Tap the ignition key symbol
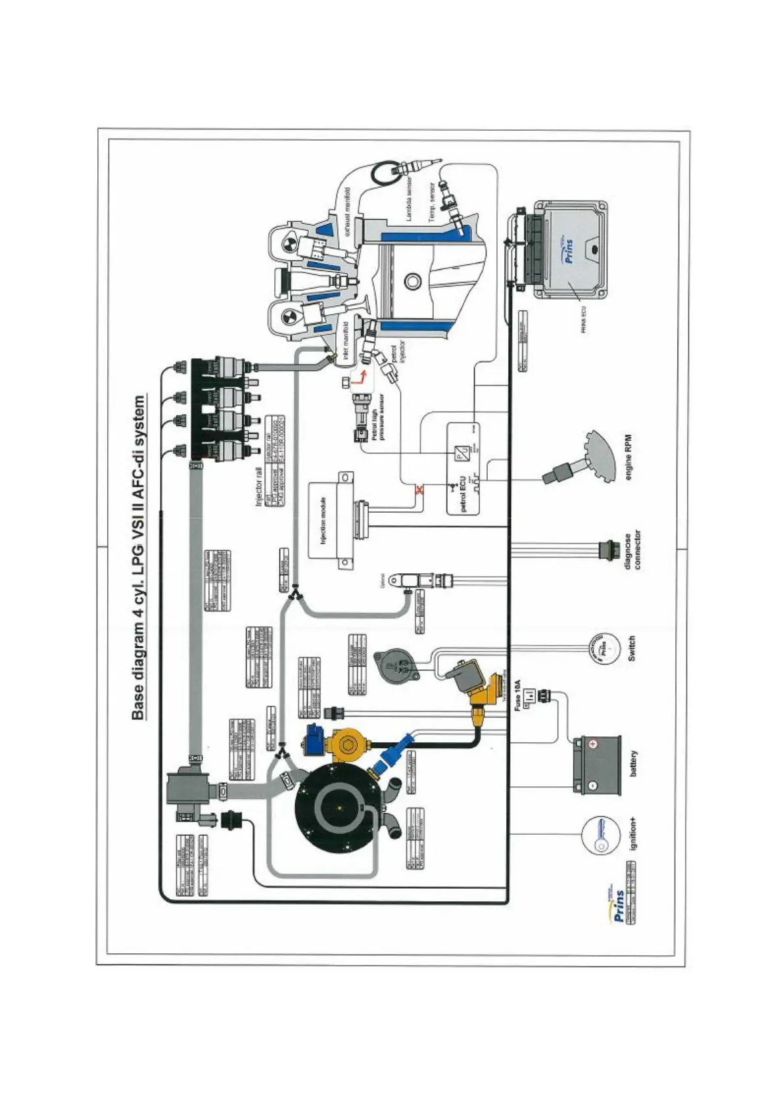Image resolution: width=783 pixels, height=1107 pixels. [x=600, y=836]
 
